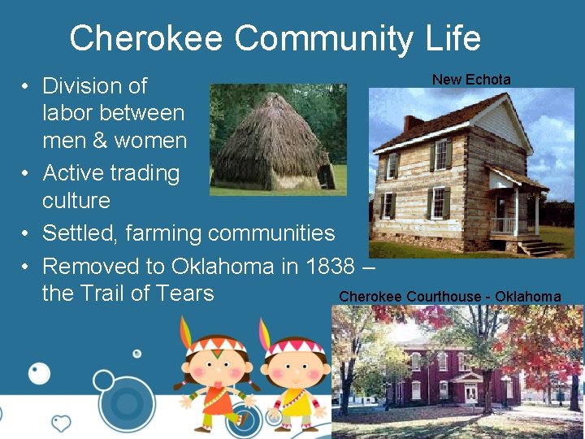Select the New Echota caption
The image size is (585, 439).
point(471,80)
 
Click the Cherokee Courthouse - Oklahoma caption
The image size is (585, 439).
point(449,297)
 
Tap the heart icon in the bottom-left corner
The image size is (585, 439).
point(61,423)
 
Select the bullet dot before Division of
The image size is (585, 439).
point(26,86)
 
